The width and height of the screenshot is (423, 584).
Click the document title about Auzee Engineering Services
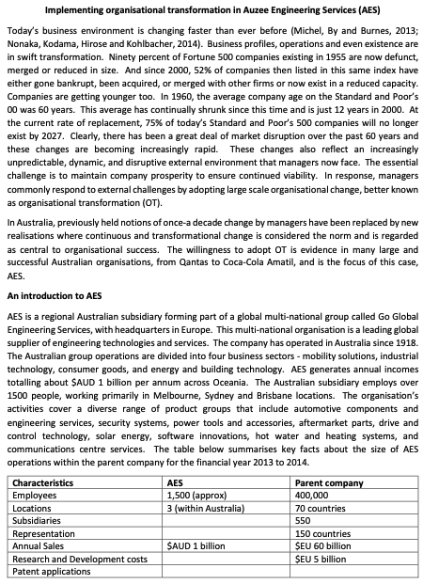(212, 8)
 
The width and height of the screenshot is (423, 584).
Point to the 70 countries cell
(323, 506)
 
